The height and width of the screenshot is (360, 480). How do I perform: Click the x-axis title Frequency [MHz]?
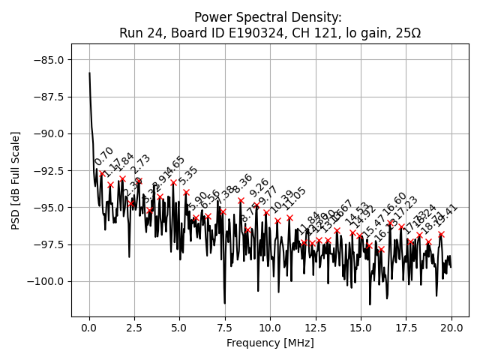point(270,343)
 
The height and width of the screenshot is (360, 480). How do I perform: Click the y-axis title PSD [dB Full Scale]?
point(16,180)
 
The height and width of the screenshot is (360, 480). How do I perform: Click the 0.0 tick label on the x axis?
point(89,328)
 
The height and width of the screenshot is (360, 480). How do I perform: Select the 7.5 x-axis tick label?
point(225,328)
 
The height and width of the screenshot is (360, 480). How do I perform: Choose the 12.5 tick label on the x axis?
point(316,328)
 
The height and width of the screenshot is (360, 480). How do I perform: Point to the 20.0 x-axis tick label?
point(451,328)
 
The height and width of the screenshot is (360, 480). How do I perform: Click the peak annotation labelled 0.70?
point(104,156)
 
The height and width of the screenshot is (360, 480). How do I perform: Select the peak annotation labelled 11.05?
point(294,198)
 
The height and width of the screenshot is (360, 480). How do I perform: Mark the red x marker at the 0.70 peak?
point(102,174)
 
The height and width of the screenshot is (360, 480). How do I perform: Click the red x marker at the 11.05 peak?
point(289,218)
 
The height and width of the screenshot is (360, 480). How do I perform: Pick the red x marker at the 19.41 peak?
point(441,234)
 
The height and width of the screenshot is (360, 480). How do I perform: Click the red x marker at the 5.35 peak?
point(186,193)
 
